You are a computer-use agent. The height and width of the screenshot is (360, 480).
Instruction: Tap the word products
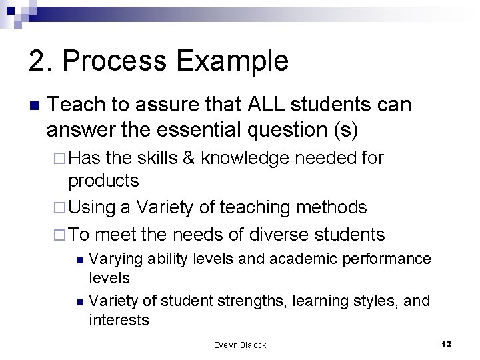(104, 181)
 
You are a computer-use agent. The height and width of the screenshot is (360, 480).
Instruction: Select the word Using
(92, 207)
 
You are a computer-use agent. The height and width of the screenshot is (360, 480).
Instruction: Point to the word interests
(119, 320)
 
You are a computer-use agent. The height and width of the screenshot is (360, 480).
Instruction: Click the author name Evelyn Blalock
(240, 345)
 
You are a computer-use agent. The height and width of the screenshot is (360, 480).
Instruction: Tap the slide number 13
(447, 344)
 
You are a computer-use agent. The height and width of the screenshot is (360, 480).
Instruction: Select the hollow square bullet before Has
(61, 159)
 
